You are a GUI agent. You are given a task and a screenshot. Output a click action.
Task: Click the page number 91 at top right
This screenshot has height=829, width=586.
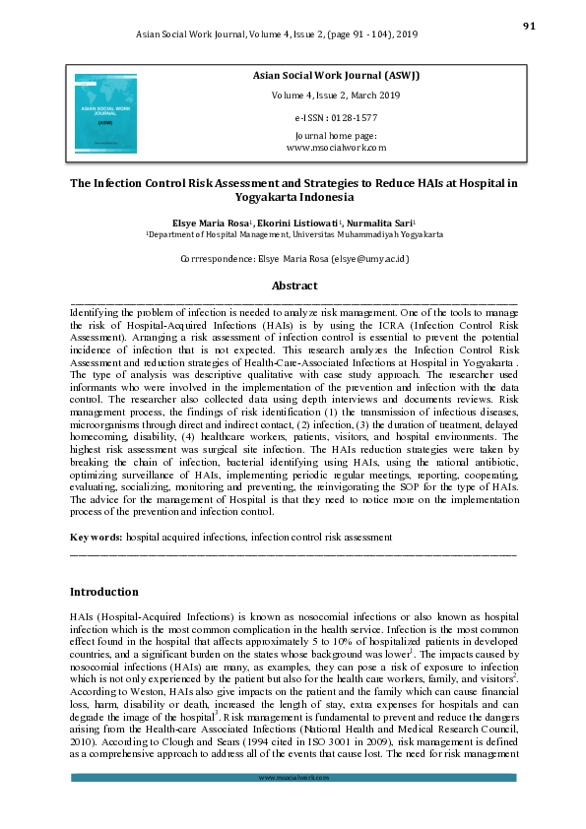(x=528, y=27)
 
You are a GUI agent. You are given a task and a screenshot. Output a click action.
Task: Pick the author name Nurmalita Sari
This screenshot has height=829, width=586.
(x=379, y=223)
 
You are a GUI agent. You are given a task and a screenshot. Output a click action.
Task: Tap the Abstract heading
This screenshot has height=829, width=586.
(x=294, y=286)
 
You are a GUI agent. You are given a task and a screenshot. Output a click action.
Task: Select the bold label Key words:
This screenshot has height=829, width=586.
(x=96, y=538)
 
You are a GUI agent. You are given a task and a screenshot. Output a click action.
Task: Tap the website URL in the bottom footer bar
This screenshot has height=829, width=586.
(x=293, y=777)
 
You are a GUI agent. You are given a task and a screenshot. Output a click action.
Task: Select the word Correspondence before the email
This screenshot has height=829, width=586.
(x=221, y=259)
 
